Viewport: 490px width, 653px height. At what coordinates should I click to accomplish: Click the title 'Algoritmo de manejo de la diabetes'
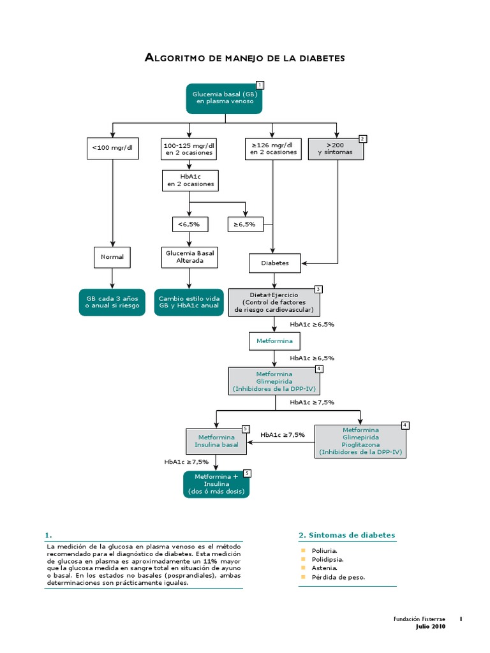245,58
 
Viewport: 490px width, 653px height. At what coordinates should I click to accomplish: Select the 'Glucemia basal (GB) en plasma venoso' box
224,98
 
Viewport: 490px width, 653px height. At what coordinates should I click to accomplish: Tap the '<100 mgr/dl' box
112,149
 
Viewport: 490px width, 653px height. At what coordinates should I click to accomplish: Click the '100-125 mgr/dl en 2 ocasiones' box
189,149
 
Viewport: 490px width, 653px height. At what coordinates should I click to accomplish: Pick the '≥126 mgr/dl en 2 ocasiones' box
273,149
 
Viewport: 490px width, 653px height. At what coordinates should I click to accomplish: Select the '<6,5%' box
189,224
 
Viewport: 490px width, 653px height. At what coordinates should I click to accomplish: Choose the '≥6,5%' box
246,224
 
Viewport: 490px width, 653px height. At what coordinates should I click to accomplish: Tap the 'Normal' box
112,257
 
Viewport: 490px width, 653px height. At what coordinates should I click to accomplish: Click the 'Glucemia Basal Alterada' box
189,257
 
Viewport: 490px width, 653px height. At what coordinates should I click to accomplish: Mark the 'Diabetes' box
274,263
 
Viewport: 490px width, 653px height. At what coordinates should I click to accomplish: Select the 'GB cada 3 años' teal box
112,302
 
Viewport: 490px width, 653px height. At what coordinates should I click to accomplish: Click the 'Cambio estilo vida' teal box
189,302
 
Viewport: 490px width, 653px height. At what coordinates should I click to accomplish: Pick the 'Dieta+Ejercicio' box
274,302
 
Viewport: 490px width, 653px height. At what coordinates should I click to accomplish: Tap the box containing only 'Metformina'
274,341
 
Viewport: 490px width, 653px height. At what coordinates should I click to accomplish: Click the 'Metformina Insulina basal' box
216,441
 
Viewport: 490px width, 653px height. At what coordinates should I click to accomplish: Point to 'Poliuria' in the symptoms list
325,550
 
